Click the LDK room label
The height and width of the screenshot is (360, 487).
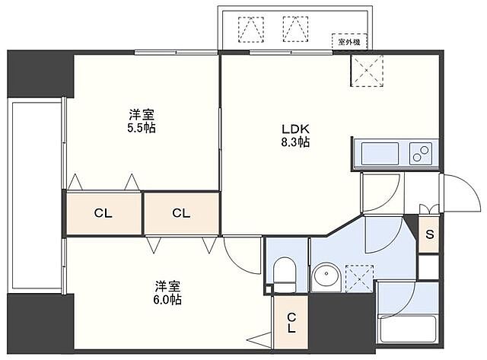292,129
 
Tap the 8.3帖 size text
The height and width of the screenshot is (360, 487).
292,142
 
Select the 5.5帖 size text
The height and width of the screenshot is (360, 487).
142,128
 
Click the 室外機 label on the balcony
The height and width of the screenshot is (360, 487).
348,43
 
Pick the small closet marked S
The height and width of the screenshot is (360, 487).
430,234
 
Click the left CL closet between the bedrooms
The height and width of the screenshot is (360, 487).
103,213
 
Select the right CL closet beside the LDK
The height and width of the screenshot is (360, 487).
180,213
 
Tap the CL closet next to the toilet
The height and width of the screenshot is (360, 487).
291,323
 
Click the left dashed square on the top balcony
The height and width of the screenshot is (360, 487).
249,28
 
